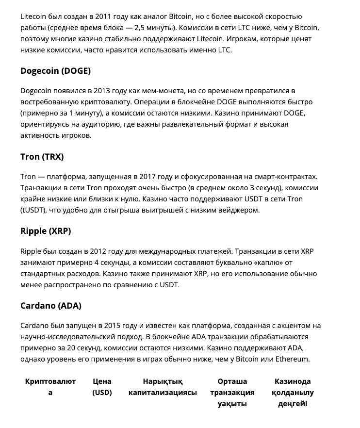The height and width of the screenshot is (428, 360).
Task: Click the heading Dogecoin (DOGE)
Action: click(55, 71)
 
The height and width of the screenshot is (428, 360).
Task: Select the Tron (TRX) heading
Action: click(42, 157)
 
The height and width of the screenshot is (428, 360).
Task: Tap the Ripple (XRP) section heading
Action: click(46, 231)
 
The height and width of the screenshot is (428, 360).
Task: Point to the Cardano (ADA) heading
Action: click(51, 306)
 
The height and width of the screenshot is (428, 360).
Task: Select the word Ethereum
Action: click(290, 359)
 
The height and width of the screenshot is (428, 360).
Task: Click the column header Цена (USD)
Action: click(102, 387)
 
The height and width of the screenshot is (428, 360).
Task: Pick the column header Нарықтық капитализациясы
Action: click(163, 387)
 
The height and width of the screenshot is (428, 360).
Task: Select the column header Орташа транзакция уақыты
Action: click(232, 393)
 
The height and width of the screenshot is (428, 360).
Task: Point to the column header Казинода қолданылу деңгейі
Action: click(293, 393)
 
